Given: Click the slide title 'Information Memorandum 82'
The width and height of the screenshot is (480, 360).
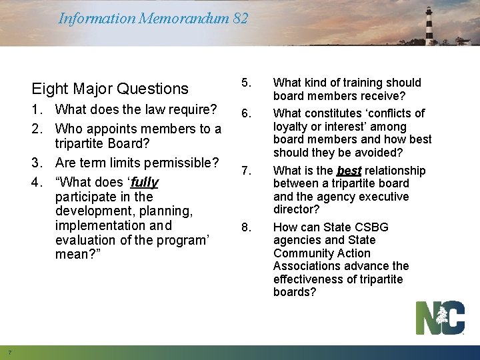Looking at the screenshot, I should (x=153, y=18).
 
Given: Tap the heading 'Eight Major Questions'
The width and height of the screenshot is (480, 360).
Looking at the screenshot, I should (x=110, y=89).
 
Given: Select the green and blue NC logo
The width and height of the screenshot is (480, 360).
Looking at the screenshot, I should (x=440, y=317).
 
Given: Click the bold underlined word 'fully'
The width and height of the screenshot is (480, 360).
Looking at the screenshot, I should (x=144, y=182).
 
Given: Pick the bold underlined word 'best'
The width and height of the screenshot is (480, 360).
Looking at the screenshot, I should (x=349, y=171).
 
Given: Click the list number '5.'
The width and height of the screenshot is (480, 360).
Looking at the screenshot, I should (x=246, y=83).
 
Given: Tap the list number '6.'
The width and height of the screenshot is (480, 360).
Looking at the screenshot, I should (x=246, y=113).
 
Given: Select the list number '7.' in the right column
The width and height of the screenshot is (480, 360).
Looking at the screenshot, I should (x=246, y=171).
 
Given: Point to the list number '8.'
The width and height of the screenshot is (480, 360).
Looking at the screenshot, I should (x=246, y=227).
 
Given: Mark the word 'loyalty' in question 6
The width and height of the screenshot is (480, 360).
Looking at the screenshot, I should (x=292, y=126).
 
